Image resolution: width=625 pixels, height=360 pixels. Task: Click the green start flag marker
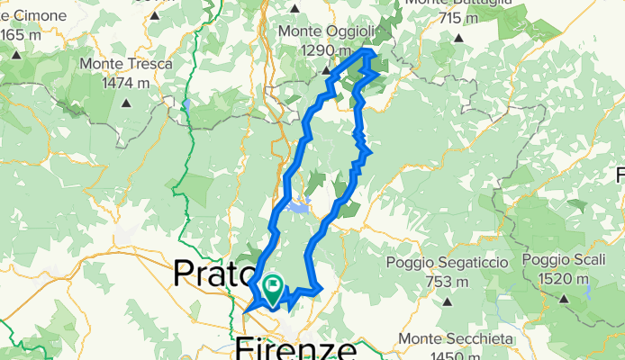pos(272,287)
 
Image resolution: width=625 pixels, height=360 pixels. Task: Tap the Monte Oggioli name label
pos(325,31)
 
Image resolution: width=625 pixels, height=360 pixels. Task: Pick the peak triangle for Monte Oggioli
pos(328,69)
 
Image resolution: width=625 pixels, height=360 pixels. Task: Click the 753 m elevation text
pos(442,281)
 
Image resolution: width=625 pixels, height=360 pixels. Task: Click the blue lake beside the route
pos(298,209)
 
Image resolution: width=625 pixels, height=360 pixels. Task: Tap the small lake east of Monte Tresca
pos(185,103)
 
